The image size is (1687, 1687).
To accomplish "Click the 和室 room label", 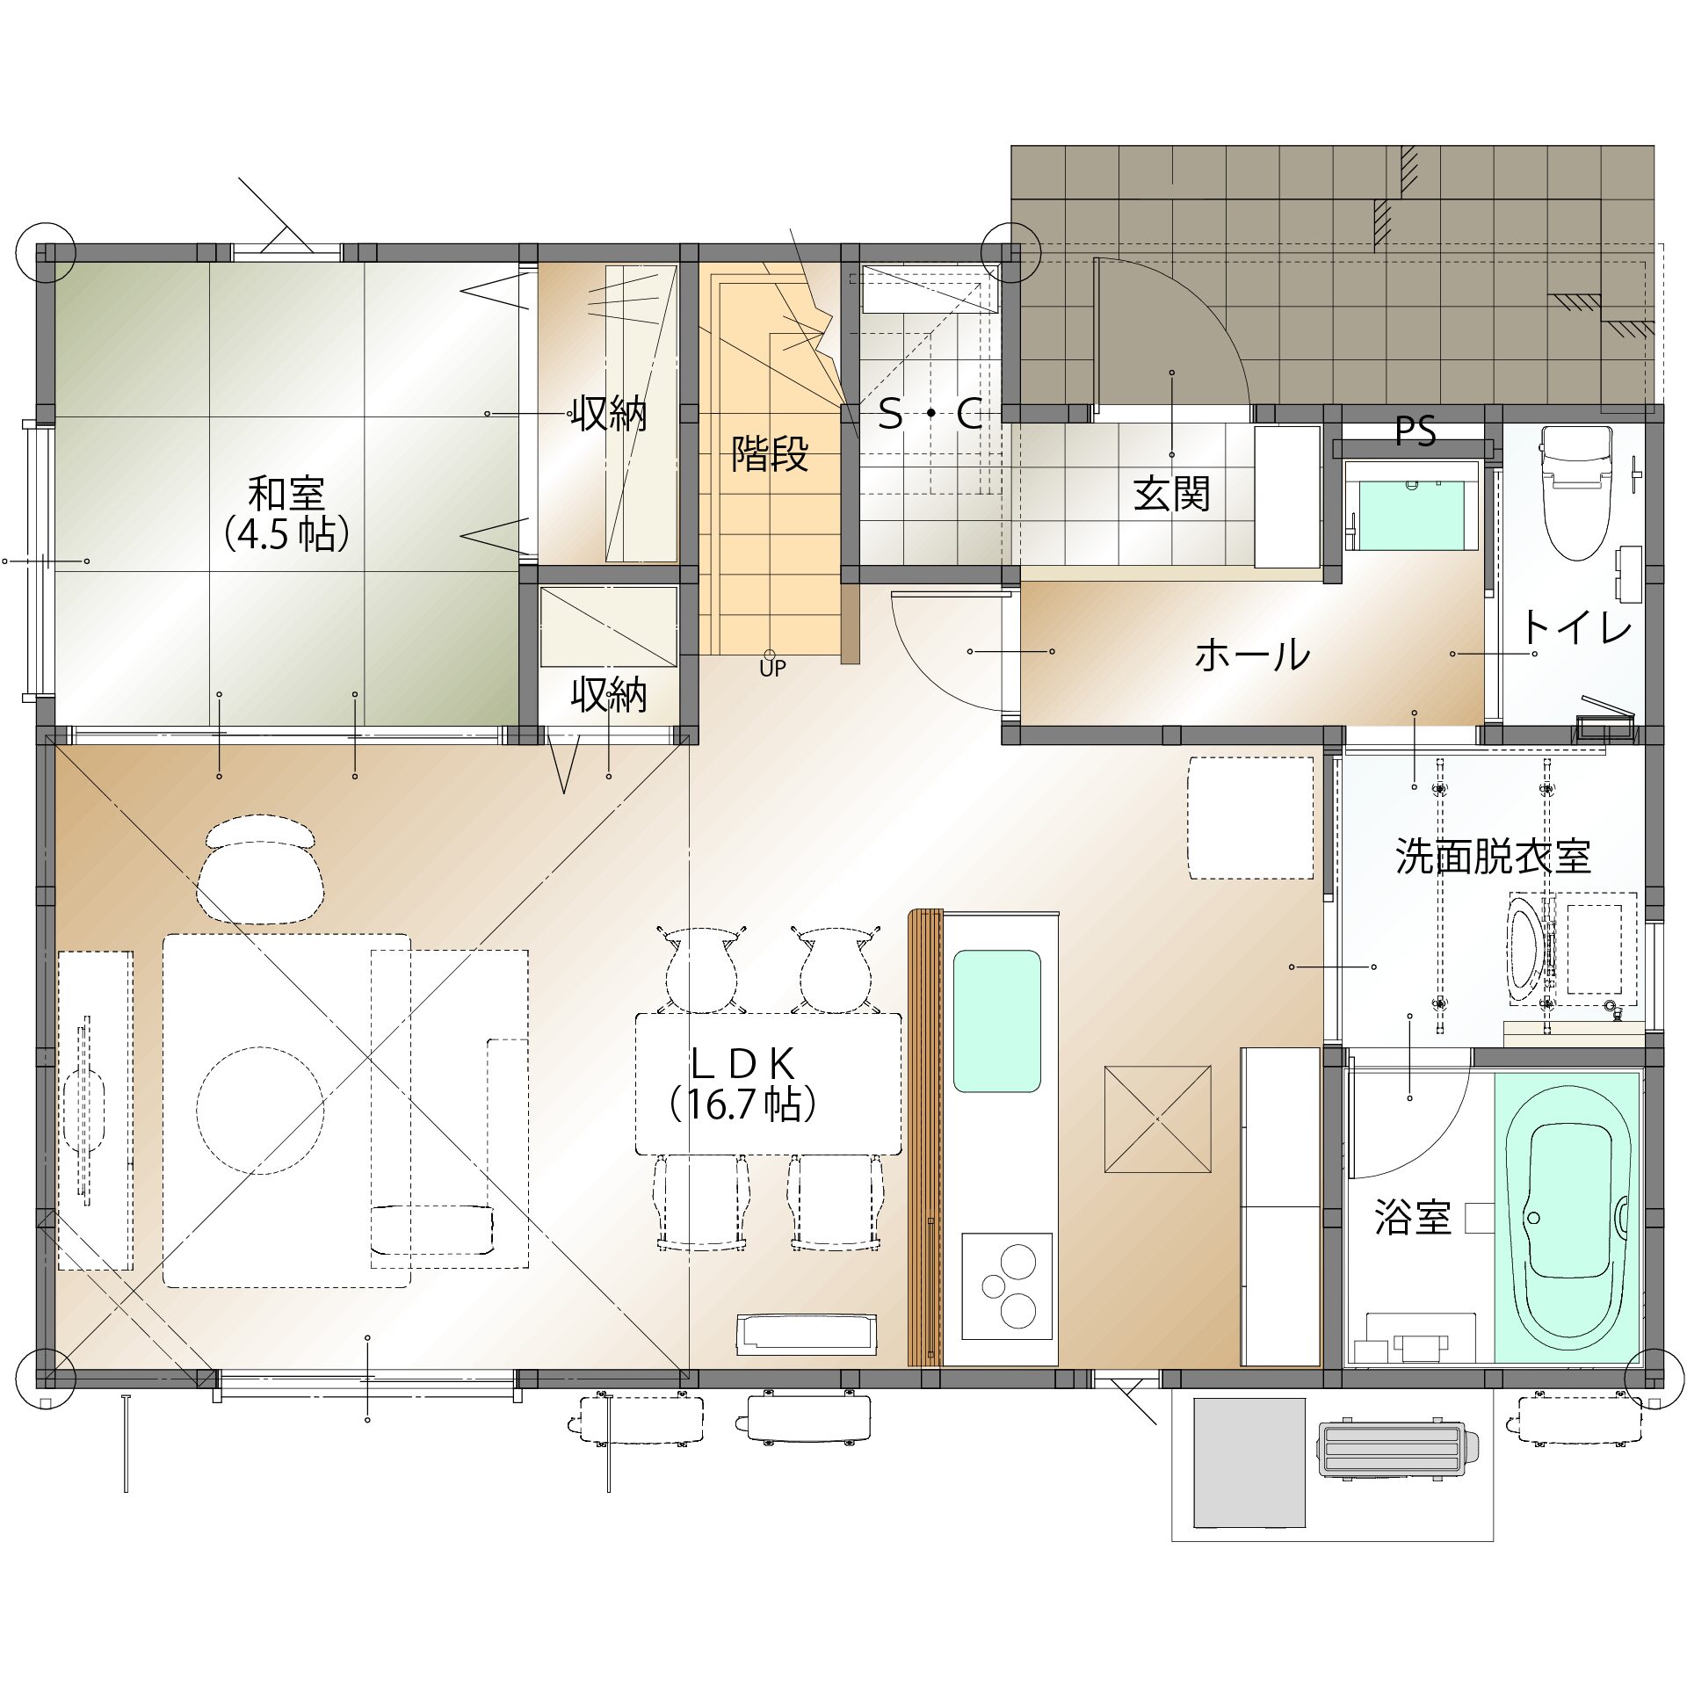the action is tap(286, 493).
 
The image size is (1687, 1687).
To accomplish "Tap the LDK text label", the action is tap(742, 1064).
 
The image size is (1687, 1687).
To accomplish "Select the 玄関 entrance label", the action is tap(1171, 494).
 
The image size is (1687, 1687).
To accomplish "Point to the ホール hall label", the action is tap(1252, 655).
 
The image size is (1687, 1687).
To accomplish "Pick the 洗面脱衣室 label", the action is tap(1493, 856).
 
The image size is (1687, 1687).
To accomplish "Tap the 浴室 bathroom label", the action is tap(1412, 1218).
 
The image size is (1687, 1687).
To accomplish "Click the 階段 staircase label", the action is tap(770, 454).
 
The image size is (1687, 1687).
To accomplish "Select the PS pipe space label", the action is tap(1415, 431).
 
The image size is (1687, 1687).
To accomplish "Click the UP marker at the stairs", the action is tap(772, 669).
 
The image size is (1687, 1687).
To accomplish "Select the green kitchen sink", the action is tap(997, 1021).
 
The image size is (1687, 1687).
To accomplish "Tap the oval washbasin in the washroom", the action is tap(1524, 949).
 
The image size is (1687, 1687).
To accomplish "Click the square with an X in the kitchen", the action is tap(1157, 1119).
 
